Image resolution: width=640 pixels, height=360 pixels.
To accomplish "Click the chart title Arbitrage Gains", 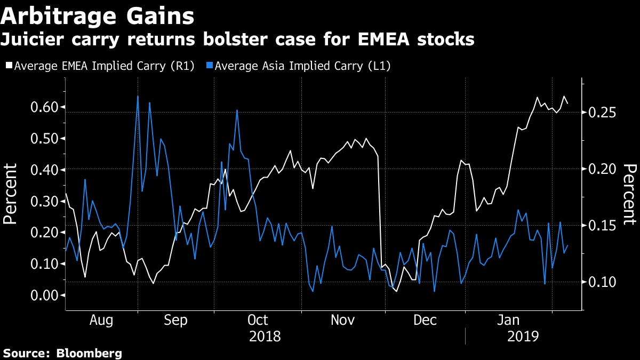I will coord(97,16).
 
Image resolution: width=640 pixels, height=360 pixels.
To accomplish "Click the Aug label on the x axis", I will coord(101,320).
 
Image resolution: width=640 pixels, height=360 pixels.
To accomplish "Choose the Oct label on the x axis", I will coord(258,320).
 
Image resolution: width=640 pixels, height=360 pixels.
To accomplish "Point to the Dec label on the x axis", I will coord(426,320).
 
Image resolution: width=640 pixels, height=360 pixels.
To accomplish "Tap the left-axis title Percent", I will coord(11,194).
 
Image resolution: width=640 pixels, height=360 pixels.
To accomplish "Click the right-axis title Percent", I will coord(629,194).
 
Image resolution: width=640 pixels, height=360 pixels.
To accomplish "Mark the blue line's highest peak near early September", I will coord(138,96).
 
